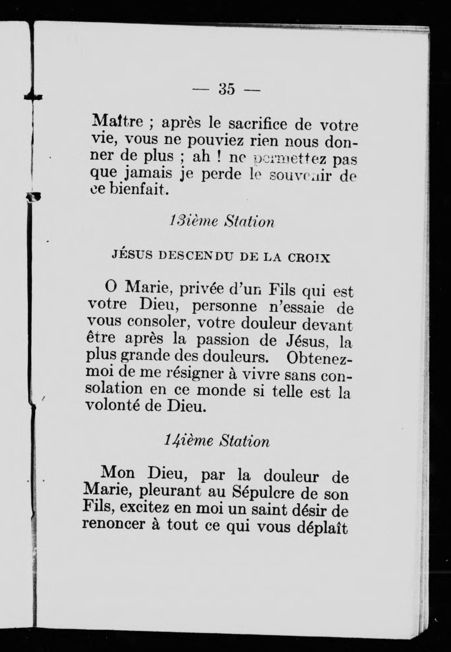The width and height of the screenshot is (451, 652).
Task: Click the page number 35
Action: [227, 89]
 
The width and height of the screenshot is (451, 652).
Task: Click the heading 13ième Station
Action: [222, 221]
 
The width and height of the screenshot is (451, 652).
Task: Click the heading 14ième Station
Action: [217, 441]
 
